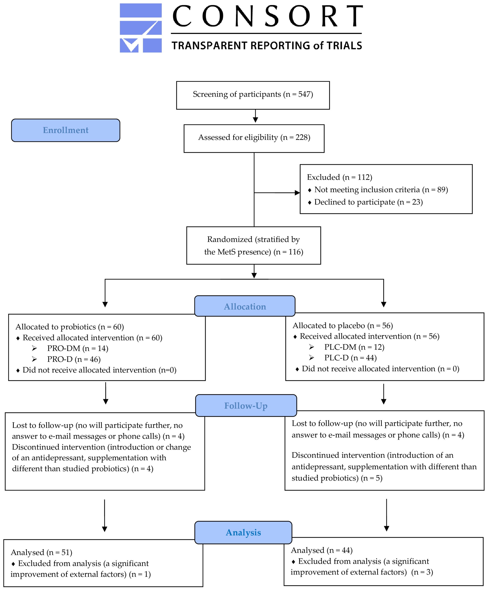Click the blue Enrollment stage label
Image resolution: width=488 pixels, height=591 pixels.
coord(65,130)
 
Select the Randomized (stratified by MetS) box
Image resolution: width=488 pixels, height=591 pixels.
coord(254,245)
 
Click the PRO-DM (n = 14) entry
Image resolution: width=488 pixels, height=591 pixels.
coord(78,348)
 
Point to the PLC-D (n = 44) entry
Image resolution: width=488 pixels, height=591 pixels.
coord(350,358)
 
